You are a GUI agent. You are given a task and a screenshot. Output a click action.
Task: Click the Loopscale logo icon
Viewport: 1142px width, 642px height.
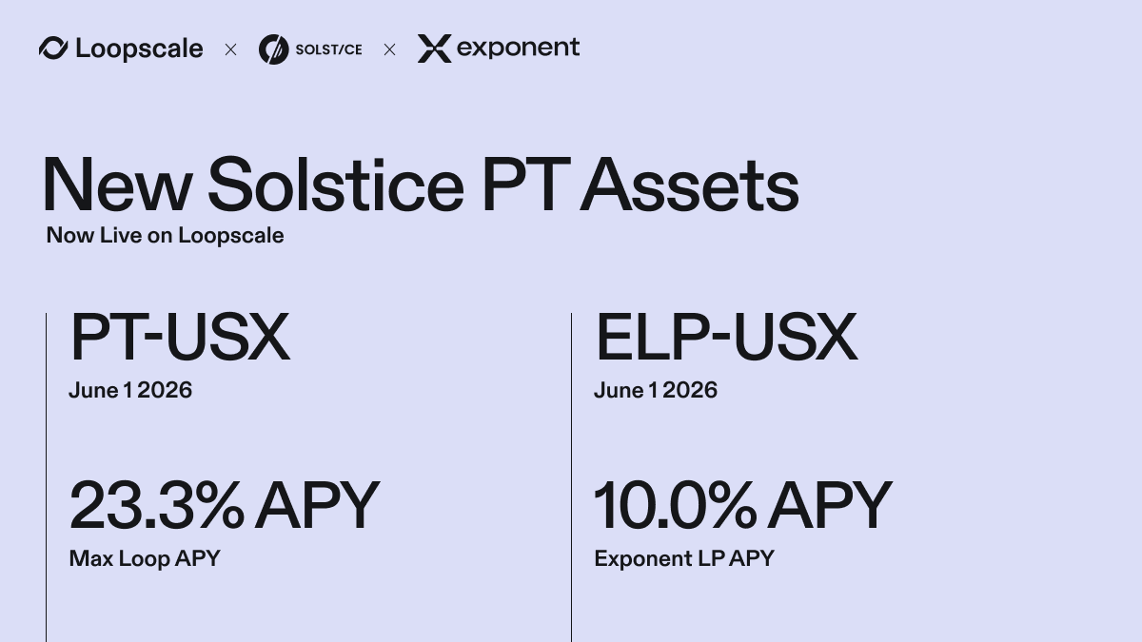(53, 49)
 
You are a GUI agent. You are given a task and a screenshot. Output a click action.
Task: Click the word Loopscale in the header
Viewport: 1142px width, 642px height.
(139, 49)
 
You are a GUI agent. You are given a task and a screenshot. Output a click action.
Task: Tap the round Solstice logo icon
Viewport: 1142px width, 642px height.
(273, 49)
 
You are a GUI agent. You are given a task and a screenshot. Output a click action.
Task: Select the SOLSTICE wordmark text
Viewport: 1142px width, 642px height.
(328, 49)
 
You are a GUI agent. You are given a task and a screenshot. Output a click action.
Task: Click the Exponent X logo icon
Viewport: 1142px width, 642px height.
(434, 49)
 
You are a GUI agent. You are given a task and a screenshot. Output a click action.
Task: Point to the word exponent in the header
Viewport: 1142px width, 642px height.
(518, 48)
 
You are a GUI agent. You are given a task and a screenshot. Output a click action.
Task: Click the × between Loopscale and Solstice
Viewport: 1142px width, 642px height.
(230, 49)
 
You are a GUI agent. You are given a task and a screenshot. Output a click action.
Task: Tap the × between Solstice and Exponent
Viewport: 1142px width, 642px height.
(389, 49)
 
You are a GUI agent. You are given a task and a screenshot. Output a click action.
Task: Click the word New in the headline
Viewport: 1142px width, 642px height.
(116, 185)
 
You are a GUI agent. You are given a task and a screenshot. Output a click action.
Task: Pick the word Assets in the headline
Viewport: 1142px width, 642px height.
(689, 185)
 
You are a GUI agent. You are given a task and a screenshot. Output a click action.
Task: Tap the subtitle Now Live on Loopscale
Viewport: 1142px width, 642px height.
(165, 235)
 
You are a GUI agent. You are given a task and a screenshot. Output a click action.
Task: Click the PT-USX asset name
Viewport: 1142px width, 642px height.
(179, 338)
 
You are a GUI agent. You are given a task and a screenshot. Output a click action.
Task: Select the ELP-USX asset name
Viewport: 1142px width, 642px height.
(725, 338)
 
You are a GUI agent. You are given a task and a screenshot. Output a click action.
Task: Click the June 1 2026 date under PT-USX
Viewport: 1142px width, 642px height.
(130, 390)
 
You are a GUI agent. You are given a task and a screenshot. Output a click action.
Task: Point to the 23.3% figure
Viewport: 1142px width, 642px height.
(156, 506)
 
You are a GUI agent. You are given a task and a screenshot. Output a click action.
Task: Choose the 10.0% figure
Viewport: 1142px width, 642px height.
(675, 506)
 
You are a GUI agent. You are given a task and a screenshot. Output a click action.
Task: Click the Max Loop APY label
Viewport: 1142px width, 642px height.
(145, 558)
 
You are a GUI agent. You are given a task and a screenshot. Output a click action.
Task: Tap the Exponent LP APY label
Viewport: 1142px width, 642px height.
(683, 558)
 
